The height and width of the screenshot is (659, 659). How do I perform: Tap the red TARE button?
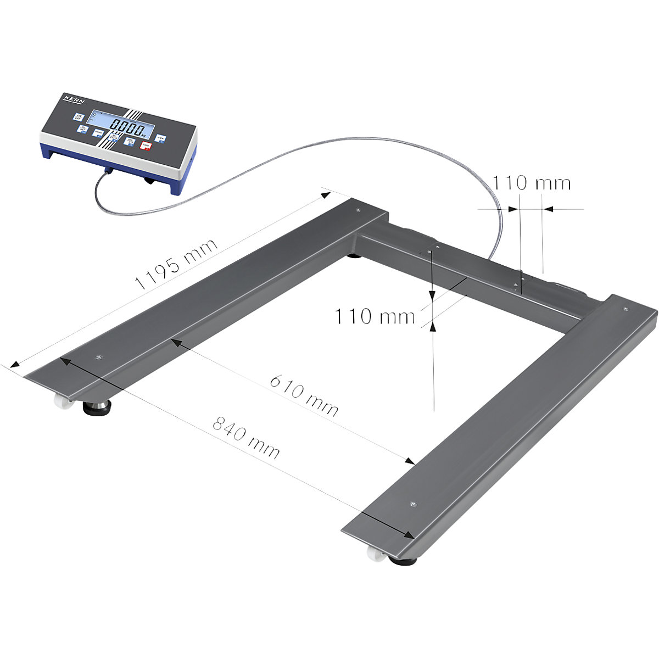(146, 146)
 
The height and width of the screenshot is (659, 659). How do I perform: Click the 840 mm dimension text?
(246, 438)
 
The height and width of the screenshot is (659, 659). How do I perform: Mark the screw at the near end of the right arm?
(414, 503)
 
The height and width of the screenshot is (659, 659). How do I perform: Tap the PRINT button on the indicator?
(98, 133)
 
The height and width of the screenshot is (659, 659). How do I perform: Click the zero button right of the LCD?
(160, 138)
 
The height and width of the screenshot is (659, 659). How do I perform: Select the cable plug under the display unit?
(108, 172)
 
